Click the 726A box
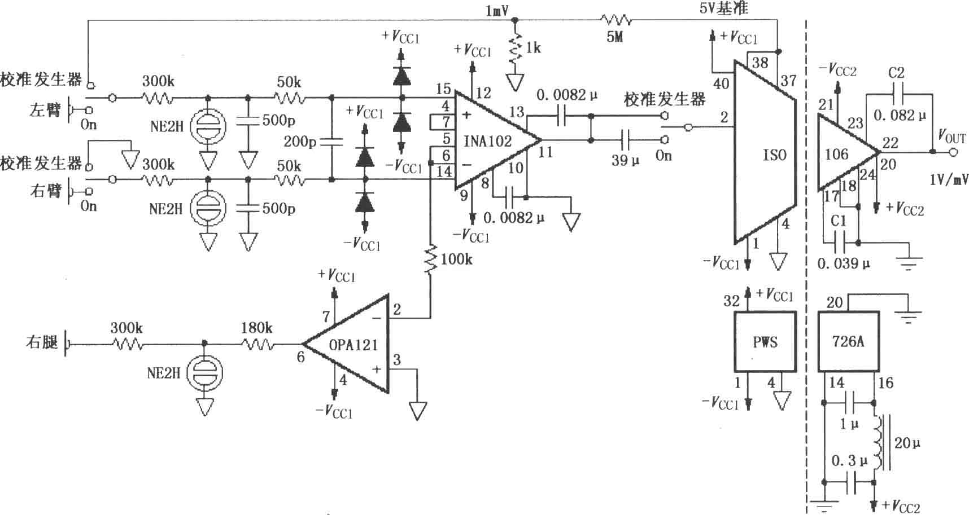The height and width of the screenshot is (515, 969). click(x=848, y=341)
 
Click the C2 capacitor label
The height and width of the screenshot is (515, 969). click(x=896, y=72)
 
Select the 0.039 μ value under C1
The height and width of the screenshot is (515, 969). click(x=844, y=263)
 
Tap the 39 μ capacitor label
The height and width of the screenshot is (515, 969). click(x=626, y=160)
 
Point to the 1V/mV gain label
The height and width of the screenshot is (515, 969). click(x=949, y=179)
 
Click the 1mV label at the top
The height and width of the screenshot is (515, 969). click(x=497, y=11)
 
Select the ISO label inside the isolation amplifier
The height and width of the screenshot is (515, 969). click(x=775, y=155)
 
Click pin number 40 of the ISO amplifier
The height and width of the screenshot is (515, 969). click(x=721, y=84)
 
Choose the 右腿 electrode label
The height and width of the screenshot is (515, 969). click(x=42, y=342)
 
